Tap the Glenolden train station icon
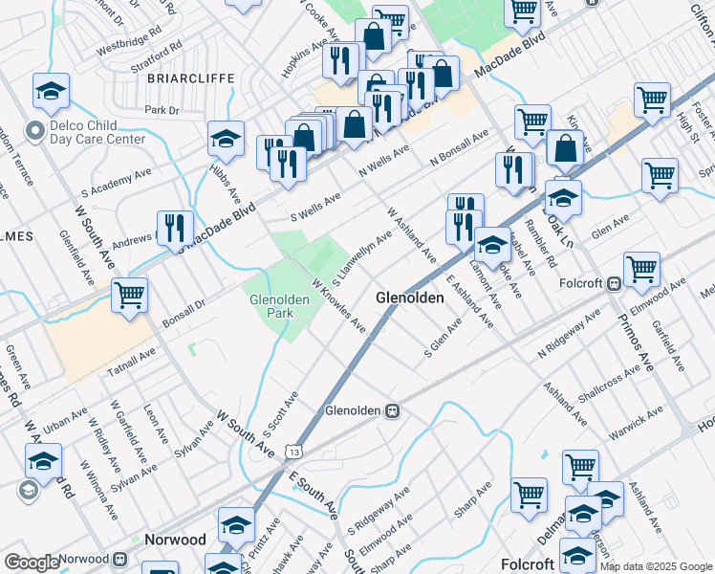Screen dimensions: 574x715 [x=392, y=410]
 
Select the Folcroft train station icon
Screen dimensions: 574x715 [x=615, y=283]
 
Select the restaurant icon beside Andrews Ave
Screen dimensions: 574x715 [x=174, y=229]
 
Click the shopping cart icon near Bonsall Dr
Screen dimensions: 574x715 [x=129, y=295]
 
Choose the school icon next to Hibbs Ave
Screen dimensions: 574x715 [x=226, y=140]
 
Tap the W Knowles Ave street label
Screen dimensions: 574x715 [x=338, y=306]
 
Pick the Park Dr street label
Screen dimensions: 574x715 [x=162, y=111]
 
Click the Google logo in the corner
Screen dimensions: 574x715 [x=32, y=563]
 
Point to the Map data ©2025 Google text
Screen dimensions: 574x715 [x=655, y=566]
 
